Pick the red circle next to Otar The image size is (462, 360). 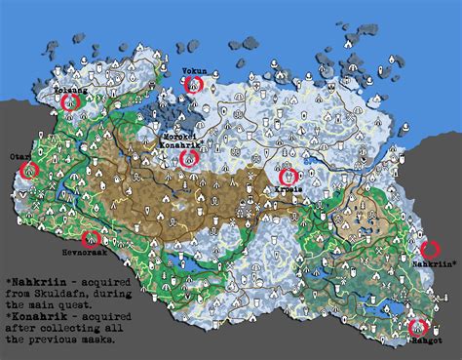pyautogui.click(x=29, y=168)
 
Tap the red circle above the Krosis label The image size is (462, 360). pyautogui.click(x=288, y=177)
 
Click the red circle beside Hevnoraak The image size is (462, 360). pyautogui.click(x=94, y=238)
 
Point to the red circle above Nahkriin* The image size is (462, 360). pyautogui.click(x=428, y=250)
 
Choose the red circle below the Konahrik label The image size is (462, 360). pyautogui.click(x=191, y=156)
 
